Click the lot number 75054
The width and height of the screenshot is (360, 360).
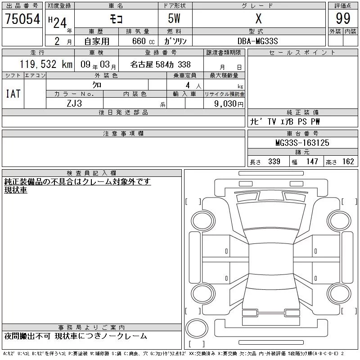(x=22, y=19)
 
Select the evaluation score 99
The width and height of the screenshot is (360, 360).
(x=343, y=18)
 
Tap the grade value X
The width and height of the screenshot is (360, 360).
(x=258, y=18)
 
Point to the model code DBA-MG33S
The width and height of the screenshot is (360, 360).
(x=257, y=41)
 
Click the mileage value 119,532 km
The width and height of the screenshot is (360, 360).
(x=46, y=64)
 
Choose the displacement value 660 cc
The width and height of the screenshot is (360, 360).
(x=143, y=41)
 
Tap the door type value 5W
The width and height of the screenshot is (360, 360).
(x=174, y=18)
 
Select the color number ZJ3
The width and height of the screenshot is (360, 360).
(x=74, y=103)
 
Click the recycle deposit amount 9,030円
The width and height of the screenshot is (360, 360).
(x=229, y=103)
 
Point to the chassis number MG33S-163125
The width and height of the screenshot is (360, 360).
(x=302, y=143)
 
